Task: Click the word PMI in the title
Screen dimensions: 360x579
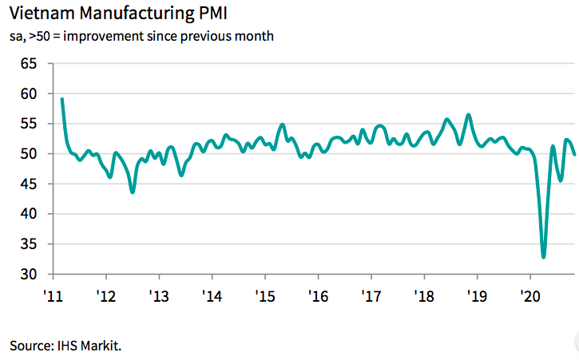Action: pyautogui.click(x=203, y=14)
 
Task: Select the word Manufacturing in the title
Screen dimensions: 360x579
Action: pyautogui.click(x=131, y=14)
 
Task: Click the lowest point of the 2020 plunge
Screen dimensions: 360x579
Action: pyautogui.click(x=544, y=257)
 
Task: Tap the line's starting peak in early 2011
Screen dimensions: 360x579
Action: pyautogui.click(x=62, y=99)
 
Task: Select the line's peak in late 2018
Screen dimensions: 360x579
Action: pyautogui.click(x=468, y=115)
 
